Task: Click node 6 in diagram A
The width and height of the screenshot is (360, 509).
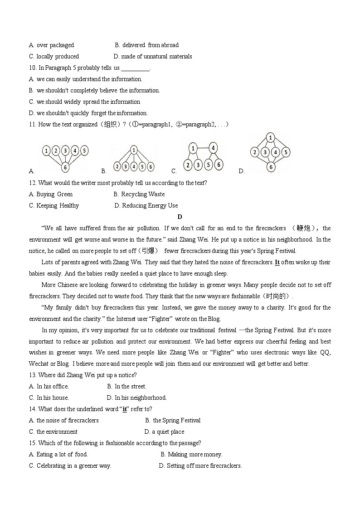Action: (66, 167)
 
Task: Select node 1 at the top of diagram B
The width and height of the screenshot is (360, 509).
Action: (134, 150)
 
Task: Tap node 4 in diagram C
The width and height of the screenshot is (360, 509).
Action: (213, 148)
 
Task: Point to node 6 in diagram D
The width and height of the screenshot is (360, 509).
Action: (271, 167)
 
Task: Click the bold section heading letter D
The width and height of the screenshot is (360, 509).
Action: (180, 217)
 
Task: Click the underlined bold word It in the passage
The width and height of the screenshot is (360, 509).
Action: (277, 262)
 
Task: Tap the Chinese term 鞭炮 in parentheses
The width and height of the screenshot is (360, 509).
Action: (306, 228)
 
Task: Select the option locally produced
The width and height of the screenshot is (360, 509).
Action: (58, 57)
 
